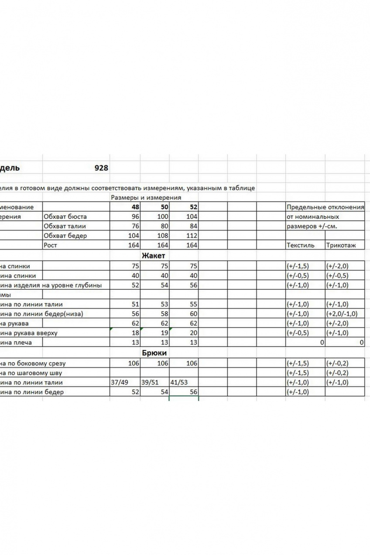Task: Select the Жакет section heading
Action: point(153,256)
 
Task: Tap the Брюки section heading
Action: point(154,353)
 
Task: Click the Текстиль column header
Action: point(300,245)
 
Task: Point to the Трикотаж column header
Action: point(341,245)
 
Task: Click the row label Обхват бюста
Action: point(65,216)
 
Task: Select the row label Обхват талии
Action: point(65,226)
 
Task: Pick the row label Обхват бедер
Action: point(65,236)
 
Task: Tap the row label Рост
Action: point(50,245)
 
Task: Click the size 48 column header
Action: point(135,207)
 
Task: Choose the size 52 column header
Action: point(193,207)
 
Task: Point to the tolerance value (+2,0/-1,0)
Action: point(342,314)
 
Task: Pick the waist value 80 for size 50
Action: point(164,226)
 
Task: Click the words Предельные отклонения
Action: point(325,207)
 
